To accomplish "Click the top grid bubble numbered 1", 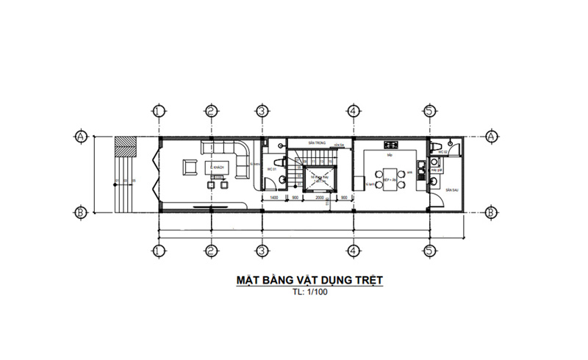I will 158,111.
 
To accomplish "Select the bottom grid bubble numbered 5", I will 430,250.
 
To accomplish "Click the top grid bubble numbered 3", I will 261,111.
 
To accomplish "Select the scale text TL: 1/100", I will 310,292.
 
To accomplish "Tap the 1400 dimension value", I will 273,198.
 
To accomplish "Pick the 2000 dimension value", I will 320,198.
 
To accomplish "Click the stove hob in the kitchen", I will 390,145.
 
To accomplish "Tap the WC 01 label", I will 270,170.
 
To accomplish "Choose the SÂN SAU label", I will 451,190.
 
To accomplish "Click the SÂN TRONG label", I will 317,144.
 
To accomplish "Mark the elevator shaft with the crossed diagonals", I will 319,179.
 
